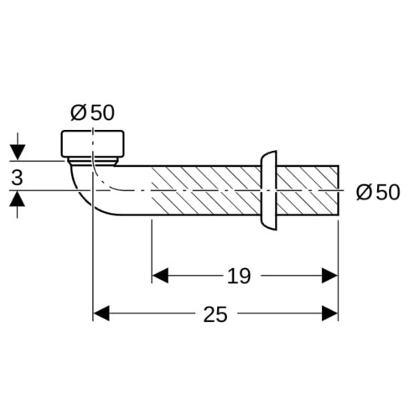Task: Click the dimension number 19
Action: click(239, 276)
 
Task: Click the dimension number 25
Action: click(215, 314)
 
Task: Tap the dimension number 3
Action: click(17, 178)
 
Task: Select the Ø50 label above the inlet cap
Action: click(92, 112)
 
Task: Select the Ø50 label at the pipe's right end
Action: click(378, 192)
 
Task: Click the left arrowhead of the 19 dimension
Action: click(160, 276)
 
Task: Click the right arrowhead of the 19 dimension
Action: click(330, 276)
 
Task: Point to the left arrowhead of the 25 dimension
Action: click(101, 313)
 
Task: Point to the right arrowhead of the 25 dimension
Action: click(330, 313)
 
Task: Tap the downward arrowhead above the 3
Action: click(18, 153)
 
